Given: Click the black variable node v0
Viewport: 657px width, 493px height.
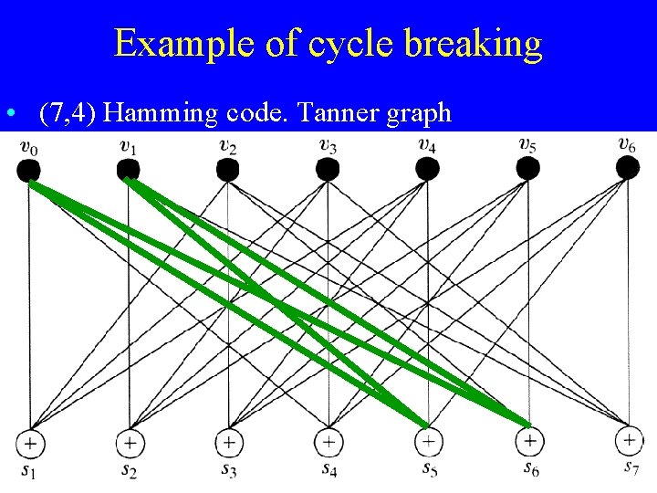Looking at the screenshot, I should tap(29, 169).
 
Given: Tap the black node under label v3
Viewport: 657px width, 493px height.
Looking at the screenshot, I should tap(328, 169).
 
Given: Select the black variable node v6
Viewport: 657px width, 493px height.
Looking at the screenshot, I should tap(627, 168).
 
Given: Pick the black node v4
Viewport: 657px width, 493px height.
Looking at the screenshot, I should tap(427, 169).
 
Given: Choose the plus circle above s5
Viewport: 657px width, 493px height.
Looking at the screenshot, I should tap(428, 442).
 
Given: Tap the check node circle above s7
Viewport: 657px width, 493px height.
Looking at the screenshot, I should tap(628, 441).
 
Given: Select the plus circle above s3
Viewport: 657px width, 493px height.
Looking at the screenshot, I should tap(229, 442).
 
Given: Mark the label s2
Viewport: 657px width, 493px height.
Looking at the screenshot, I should tap(130, 470).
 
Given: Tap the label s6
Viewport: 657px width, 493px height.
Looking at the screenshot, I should tap(529, 469).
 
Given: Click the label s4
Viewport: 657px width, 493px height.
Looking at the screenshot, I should tap(328, 469).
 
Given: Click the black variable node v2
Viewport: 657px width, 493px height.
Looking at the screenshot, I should tap(228, 169).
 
